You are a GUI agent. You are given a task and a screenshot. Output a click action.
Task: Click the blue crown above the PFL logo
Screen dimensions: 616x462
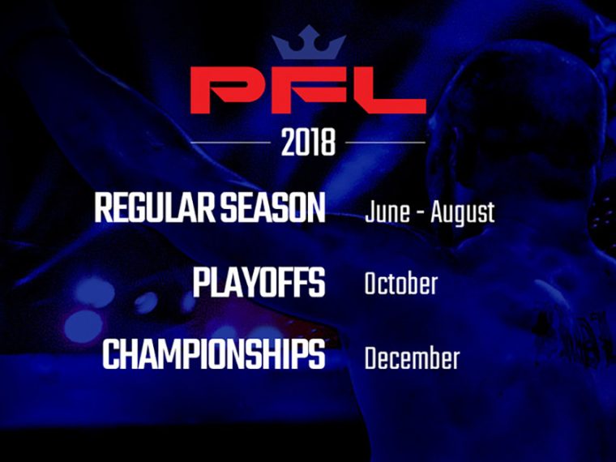[x=309, y=42]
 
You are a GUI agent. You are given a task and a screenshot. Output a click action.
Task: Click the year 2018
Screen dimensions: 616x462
[x=308, y=142]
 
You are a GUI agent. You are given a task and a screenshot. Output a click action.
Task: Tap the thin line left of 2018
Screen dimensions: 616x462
[x=231, y=142]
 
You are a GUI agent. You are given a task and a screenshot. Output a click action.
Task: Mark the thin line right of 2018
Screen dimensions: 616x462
[x=385, y=142]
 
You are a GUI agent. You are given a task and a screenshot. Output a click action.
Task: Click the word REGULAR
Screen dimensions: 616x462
[x=155, y=207]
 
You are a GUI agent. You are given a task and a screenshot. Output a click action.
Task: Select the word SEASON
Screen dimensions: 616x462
[x=272, y=207]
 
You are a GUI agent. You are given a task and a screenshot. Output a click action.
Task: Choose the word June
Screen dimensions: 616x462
[x=387, y=212]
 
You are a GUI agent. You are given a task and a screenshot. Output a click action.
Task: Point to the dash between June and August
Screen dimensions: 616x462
[x=421, y=215]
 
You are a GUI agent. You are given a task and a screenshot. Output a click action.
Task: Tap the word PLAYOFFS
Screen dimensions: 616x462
[x=259, y=282]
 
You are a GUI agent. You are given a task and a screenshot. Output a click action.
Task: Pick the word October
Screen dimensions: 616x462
[x=400, y=284]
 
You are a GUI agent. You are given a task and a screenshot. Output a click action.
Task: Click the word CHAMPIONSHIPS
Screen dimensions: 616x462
[x=214, y=354]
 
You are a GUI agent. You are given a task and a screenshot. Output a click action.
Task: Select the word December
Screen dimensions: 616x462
[x=412, y=357]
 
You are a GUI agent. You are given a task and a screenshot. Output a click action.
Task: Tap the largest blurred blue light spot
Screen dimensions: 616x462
[x=83, y=326]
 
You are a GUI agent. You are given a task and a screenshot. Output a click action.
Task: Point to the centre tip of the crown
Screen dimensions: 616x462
[x=310, y=26]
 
